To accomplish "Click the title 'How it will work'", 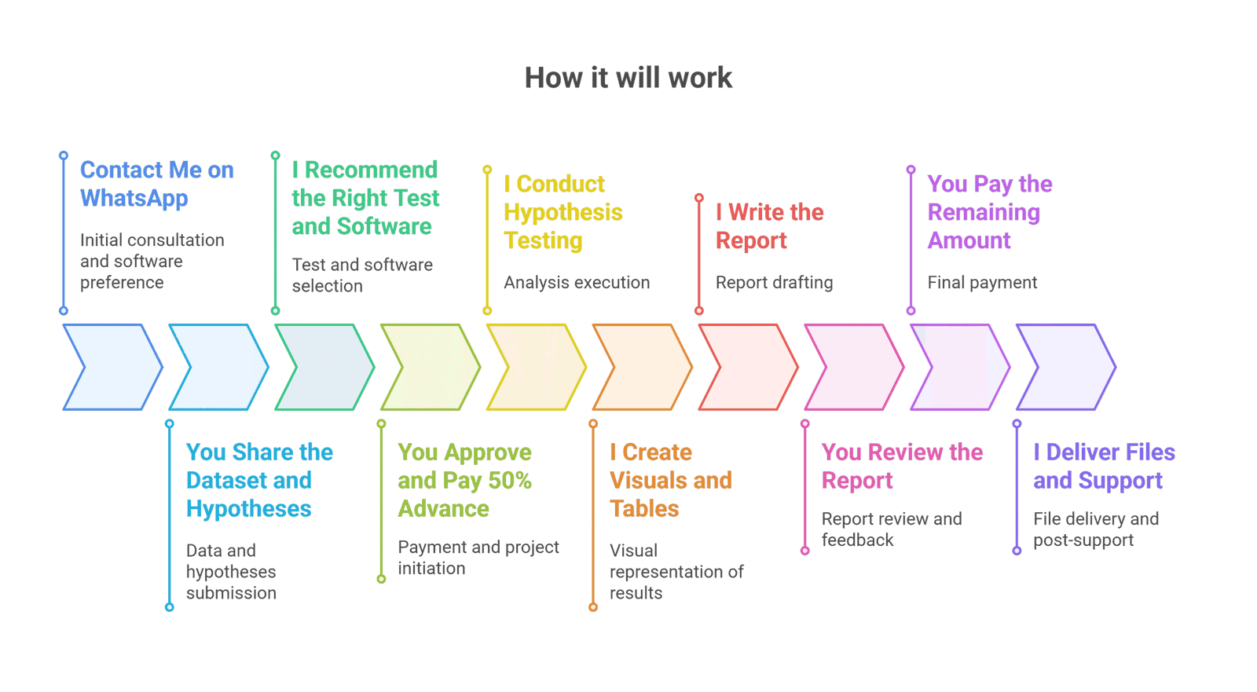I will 628,78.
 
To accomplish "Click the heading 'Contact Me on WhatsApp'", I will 156,184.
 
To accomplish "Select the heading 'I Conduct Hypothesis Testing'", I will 563,212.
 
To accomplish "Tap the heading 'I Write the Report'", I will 769,226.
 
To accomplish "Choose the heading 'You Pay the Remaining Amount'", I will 989,212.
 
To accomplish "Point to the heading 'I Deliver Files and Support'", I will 1104,466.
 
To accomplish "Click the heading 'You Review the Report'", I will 902,466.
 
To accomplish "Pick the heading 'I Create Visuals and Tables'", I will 670,480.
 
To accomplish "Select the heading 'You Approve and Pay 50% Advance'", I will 464,480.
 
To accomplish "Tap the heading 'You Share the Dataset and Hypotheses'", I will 259,480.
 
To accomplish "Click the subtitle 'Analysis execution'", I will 577,283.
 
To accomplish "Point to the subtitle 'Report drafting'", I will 774,283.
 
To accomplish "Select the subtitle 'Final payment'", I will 982,283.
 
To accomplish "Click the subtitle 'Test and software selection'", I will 362,276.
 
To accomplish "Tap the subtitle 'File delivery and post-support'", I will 1095,529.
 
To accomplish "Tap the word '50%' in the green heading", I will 510,480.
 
